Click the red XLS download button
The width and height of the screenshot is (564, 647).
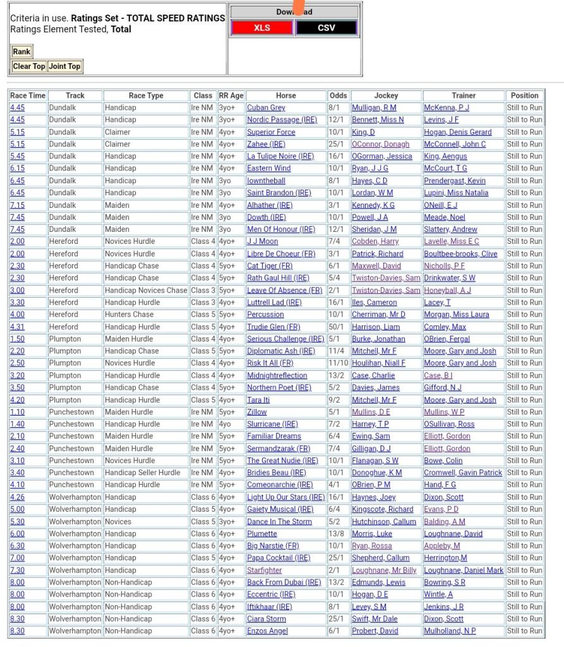coord(262,28)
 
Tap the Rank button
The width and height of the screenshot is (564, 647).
coord(21,52)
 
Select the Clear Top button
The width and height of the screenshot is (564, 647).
coord(29,66)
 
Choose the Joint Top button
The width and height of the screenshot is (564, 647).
coord(64,66)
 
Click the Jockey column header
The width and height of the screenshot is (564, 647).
coord(386,95)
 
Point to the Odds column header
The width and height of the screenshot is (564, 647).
coord(338,95)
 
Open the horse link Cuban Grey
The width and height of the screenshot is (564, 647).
coord(266,108)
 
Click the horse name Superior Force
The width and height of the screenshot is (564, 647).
coord(271,132)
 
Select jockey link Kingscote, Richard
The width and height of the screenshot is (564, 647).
coord(383,509)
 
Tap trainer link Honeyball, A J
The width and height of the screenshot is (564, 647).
coord(447,291)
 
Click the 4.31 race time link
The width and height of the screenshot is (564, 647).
coord(17,327)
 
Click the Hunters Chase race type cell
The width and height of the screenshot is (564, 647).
coord(129,315)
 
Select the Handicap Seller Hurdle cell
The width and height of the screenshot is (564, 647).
coord(142,473)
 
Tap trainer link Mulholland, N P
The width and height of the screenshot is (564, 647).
coord(450,631)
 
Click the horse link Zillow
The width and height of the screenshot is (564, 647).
coord(257,412)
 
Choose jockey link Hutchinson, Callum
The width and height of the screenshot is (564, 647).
coord(384,522)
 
